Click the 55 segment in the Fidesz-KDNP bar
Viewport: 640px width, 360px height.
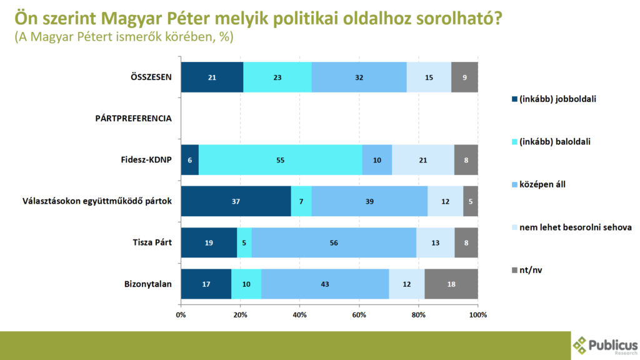click(281, 161)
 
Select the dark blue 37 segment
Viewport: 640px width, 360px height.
click(236, 201)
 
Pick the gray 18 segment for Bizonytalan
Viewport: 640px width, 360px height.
click(452, 284)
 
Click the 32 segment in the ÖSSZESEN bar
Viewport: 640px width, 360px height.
click(359, 77)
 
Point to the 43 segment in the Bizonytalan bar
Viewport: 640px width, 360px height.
click(325, 284)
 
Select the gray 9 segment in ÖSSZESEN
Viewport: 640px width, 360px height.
click(464, 77)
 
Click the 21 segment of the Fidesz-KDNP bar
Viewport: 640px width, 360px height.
click(422, 161)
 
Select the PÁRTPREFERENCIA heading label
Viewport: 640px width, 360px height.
click(133, 119)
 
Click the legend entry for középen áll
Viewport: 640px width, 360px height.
click(543, 184)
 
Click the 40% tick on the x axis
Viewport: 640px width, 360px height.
click(299, 314)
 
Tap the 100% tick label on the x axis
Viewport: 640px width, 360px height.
click(477, 314)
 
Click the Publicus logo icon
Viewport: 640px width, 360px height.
click(581, 344)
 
